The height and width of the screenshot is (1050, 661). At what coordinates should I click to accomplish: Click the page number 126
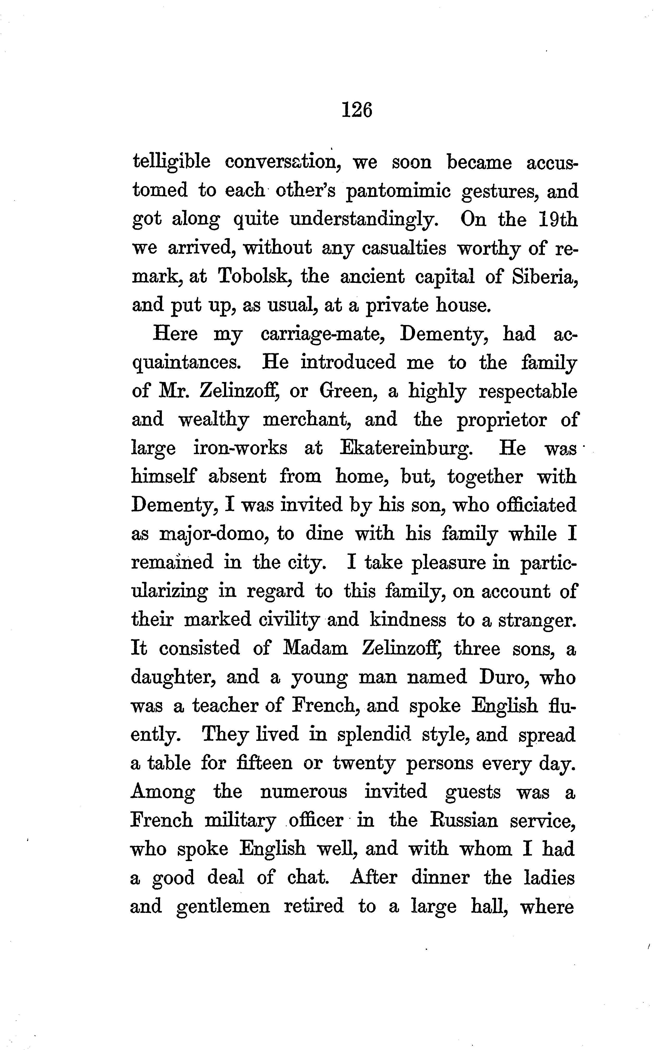[x=357, y=110]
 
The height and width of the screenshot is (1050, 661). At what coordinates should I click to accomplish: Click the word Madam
[x=315, y=648]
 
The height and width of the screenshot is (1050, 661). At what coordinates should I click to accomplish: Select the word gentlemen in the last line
[x=223, y=906]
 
